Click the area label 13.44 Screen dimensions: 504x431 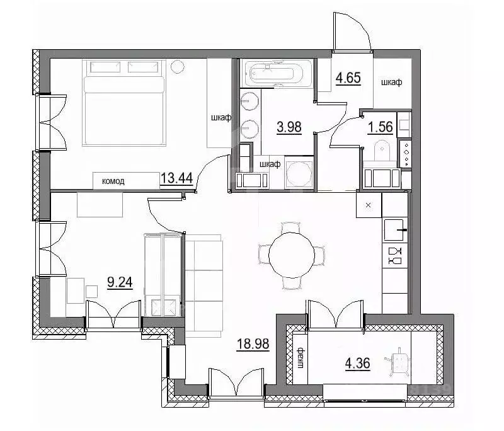[176, 178]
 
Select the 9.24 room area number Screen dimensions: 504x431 [120, 282]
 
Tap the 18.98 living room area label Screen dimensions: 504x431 [253, 344]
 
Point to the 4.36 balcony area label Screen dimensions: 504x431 [357, 363]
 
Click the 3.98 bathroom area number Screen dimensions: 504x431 [289, 127]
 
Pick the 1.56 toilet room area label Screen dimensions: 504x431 [381, 127]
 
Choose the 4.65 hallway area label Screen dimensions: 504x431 [348, 78]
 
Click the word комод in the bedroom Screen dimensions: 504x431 [113, 181]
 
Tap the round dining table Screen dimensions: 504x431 [292, 255]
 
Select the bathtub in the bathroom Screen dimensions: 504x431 [275, 74]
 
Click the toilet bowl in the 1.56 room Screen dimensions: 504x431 [382, 151]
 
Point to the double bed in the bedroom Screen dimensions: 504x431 [123, 103]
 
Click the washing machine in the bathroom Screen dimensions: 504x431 [299, 173]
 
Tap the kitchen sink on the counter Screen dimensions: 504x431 [394, 229]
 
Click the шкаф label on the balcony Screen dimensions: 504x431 [301, 358]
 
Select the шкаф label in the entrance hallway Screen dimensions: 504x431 [391, 83]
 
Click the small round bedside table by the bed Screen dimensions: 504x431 [177, 67]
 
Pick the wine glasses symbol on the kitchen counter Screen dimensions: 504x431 [395, 256]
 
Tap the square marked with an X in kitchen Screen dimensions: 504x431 [369, 205]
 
